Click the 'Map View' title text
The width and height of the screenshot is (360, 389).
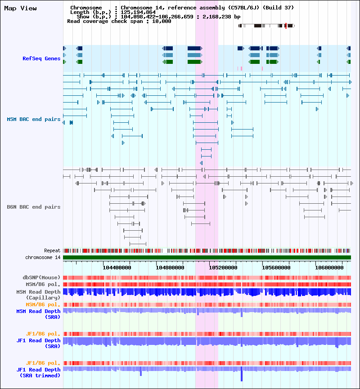pos(20,9)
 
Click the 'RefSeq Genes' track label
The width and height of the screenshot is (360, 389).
pos(41,58)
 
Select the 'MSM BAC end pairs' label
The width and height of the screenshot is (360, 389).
pos(33,119)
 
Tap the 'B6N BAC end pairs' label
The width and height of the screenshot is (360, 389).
pos(33,207)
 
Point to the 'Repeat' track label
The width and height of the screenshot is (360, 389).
pos(52,250)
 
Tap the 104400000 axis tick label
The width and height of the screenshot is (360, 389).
pos(117,267)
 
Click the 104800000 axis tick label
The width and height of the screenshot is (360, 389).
pos(170,267)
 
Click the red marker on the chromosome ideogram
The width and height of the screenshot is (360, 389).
pos(286,26)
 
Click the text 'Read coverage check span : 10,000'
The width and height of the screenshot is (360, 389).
pos(119,21)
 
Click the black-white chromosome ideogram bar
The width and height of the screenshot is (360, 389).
pos(265,26)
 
